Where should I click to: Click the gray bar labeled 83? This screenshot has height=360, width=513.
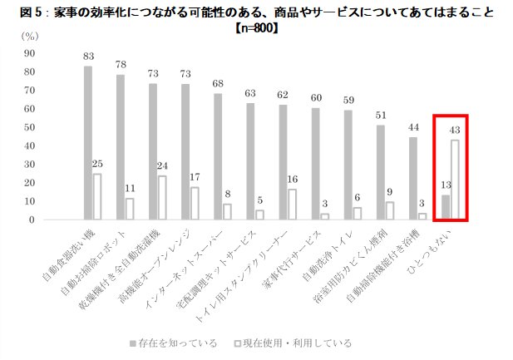[x=87, y=143]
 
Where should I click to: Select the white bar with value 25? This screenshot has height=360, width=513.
[x=97, y=197]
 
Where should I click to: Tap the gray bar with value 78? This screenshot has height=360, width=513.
[x=120, y=148]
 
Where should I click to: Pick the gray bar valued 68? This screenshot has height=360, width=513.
[x=218, y=157]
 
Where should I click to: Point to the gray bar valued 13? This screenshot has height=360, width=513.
[x=445, y=208]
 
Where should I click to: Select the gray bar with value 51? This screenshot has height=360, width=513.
[x=380, y=173]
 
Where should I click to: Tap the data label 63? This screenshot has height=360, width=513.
[x=249, y=94]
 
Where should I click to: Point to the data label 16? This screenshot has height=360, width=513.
[x=291, y=179]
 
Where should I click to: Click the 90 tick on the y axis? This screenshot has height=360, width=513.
[x=30, y=53]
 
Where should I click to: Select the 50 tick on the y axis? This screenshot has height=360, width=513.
[x=30, y=127]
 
